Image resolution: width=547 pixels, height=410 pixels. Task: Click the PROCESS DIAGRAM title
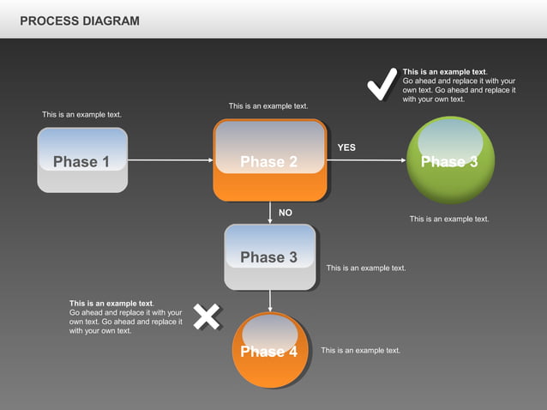click(x=79, y=21)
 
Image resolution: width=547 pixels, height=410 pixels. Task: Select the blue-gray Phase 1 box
click(x=82, y=160)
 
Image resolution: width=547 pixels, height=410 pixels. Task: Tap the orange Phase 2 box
click(x=270, y=160)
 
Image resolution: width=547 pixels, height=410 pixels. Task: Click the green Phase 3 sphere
click(x=450, y=161)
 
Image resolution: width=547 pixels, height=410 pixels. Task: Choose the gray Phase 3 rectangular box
click(x=269, y=256)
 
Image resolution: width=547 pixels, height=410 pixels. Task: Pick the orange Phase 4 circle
click(x=269, y=351)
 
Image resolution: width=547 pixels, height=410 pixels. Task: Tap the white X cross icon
click(x=207, y=317)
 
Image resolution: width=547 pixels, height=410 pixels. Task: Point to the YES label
click(x=346, y=148)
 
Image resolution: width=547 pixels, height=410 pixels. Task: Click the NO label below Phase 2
click(x=286, y=213)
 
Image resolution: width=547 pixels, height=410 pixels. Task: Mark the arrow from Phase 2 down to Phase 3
click(x=270, y=213)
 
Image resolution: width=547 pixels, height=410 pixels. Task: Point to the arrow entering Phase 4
click(x=270, y=301)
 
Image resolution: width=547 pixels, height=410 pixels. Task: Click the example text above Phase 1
click(x=81, y=114)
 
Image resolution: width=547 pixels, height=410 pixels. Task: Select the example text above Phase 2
click(x=268, y=106)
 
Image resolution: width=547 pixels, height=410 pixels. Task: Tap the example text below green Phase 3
click(x=449, y=219)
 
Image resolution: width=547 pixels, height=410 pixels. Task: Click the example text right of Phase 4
click(x=360, y=350)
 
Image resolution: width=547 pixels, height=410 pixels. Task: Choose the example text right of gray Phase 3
click(x=366, y=268)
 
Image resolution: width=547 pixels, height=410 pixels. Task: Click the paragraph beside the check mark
click(x=459, y=85)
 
